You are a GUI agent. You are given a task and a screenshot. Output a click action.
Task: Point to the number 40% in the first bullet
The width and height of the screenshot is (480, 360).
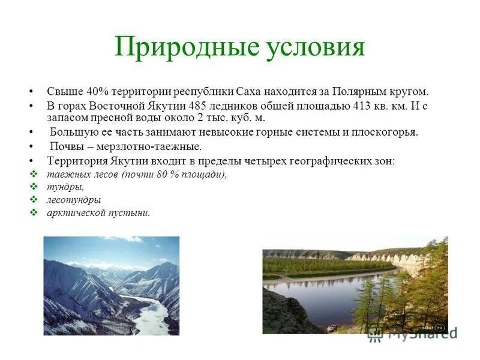click(95, 92)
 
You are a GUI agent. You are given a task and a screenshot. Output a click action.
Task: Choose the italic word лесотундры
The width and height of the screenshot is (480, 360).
click(74, 200)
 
